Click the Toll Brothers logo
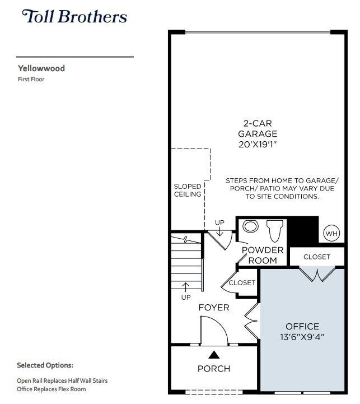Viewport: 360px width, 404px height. [74, 16]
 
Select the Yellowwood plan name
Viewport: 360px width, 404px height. [41, 68]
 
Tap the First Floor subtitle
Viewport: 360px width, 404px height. [31, 80]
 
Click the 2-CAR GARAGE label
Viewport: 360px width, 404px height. [258, 128]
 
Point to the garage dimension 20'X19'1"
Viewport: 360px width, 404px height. [258, 144]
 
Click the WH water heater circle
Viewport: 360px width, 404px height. [331, 233]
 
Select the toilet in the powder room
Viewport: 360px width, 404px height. [275, 230]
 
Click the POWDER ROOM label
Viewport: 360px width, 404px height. [262, 255]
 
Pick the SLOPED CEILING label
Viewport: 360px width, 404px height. [188, 190]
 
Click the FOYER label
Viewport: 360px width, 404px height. [214, 308]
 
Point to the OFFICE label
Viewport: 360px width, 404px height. [302, 326]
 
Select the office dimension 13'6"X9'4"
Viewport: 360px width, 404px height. [302, 337]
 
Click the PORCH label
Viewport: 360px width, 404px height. [214, 368]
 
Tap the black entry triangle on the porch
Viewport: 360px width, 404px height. [214, 354]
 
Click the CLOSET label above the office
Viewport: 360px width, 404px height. [317, 257]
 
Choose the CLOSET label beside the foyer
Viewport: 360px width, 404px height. [242, 283]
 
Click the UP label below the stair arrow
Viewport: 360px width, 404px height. [186, 297]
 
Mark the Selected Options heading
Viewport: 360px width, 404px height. [45, 365]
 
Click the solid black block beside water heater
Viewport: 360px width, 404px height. [303, 229]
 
